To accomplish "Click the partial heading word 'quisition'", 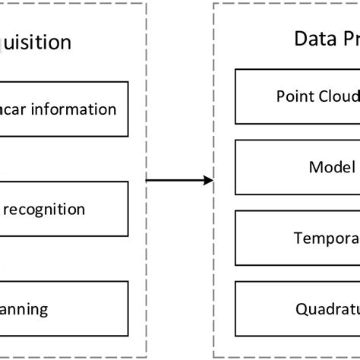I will point(36,43).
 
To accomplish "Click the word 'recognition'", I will point(46,209).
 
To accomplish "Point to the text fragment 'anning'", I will point(24,308).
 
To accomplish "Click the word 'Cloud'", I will point(338,96).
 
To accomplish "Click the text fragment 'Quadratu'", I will point(327,308).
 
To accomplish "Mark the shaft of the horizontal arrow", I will point(175,180).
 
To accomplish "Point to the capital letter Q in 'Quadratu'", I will point(300,308).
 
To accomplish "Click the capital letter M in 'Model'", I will point(315,167).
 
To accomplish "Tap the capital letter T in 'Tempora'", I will point(298,238).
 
